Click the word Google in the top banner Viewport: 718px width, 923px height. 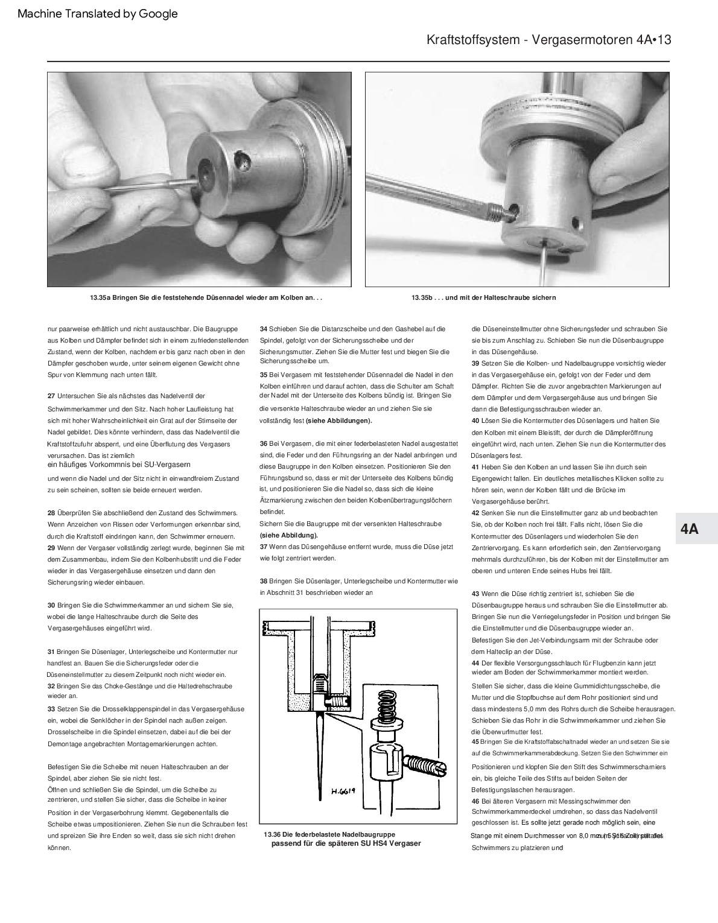point(158,14)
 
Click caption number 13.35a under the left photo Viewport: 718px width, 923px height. point(100,297)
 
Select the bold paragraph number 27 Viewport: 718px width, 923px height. point(51,396)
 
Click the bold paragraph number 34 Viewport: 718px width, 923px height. point(264,329)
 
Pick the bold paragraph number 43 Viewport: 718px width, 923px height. point(475,594)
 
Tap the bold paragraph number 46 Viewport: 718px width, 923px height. point(475,801)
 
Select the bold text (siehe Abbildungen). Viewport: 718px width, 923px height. point(339,420)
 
